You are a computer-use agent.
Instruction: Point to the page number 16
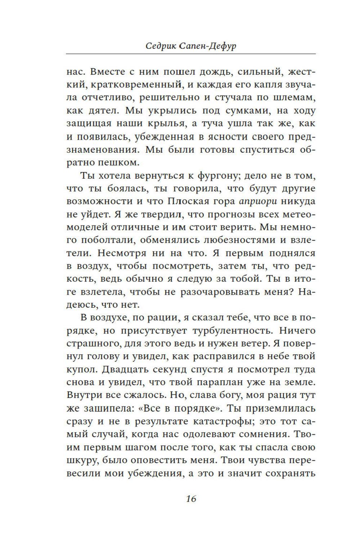[191, 499]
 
